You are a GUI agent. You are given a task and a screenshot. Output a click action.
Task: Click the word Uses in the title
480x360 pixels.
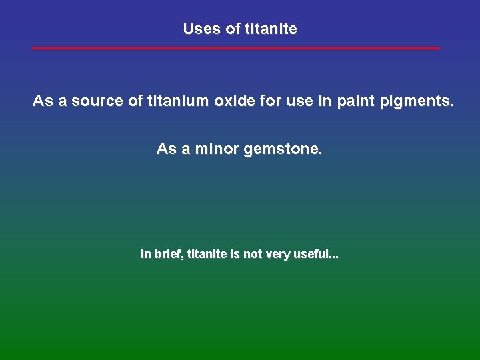[x=198, y=29]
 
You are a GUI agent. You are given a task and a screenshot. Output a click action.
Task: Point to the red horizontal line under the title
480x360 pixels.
[x=236, y=48]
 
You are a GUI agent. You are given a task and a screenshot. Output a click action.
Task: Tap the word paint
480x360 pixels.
[x=337, y=101]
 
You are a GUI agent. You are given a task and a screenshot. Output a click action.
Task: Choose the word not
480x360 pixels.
[x=253, y=254]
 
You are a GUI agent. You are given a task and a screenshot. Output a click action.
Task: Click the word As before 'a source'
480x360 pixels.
[x=42, y=101]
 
